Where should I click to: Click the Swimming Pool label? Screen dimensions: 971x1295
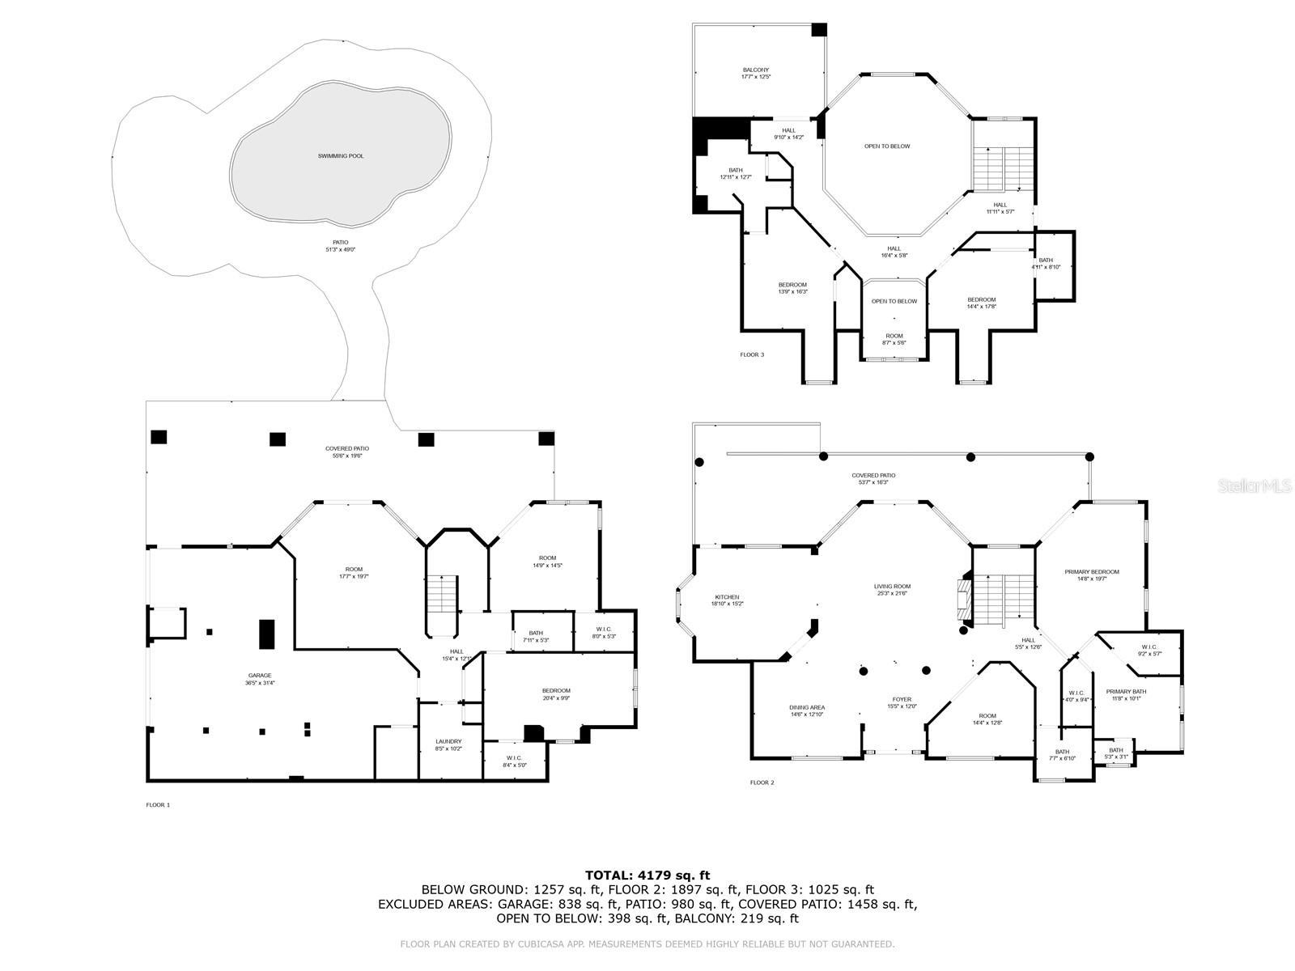coord(340,155)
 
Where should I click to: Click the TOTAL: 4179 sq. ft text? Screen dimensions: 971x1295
coord(647,875)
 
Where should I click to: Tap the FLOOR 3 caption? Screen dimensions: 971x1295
coord(751,354)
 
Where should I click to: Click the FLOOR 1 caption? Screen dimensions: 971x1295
coord(158,804)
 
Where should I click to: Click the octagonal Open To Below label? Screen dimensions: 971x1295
coord(887,146)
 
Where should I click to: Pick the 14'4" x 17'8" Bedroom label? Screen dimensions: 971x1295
coord(981,303)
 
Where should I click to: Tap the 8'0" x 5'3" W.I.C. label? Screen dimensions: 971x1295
coord(604,632)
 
